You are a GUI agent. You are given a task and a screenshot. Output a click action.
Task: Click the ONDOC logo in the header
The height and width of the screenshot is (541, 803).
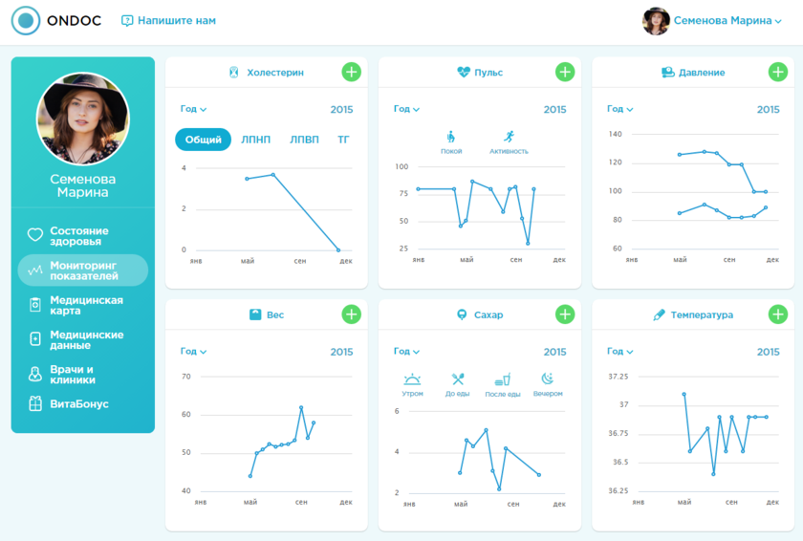tap(56, 20)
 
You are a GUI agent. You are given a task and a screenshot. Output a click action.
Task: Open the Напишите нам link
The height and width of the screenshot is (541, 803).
tap(168, 20)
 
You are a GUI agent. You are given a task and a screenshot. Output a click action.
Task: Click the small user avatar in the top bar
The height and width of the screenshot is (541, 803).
tap(656, 21)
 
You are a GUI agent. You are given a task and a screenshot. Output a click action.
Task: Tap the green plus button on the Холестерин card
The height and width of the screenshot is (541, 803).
tap(351, 72)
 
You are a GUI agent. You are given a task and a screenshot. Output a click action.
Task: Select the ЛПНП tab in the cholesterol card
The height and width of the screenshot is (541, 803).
tap(255, 140)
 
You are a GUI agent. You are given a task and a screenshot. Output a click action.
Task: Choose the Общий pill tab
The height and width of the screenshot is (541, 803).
tap(203, 140)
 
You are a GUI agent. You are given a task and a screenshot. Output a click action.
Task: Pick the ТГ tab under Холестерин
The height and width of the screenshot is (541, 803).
tap(343, 140)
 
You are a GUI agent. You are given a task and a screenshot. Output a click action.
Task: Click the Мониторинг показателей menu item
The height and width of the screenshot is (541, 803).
tap(83, 270)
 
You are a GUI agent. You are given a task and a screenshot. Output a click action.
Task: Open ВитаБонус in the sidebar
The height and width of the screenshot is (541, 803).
tap(78, 403)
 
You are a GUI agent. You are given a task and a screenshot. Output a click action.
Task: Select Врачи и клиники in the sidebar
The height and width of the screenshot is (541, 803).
tap(72, 374)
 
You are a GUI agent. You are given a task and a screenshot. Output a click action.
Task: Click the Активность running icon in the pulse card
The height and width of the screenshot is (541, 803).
tap(509, 138)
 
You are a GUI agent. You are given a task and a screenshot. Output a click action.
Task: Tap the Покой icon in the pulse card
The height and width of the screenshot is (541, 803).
tap(451, 138)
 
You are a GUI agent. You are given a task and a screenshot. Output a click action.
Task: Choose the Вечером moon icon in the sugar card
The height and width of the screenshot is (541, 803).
tap(548, 379)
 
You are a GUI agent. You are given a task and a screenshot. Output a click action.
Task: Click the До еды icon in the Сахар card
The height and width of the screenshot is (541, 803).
tap(458, 379)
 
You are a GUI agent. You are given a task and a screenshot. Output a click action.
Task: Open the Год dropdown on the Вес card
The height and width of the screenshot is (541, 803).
tap(194, 352)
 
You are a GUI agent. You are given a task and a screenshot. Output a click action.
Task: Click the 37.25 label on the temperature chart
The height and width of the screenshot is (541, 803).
tap(618, 376)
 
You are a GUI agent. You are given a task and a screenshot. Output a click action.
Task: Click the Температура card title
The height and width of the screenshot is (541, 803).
tap(702, 314)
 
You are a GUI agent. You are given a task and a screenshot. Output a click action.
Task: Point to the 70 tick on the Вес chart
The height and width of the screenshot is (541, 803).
tap(185, 376)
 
